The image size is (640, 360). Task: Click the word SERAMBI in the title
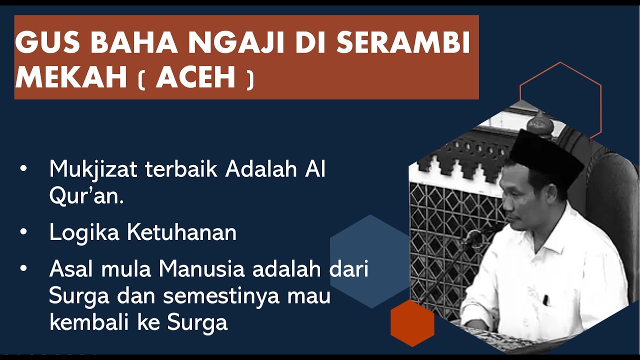[403, 43]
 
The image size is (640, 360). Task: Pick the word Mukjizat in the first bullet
[92, 170]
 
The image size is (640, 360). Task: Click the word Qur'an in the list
[85, 196]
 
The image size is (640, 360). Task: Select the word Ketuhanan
[181, 233]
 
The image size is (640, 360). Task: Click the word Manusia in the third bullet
[201, 269]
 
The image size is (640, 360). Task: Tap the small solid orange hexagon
[412, 323]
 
